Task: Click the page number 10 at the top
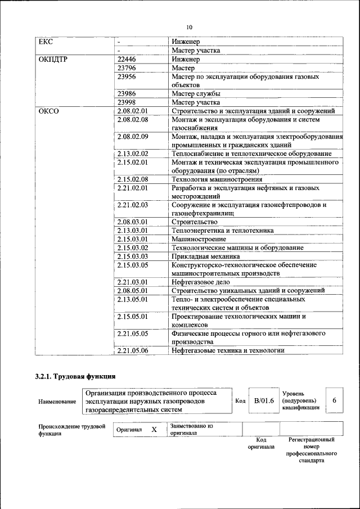[x=189, y=27]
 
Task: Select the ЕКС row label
[x=45, y=42]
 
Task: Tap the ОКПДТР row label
[x=53, y=59]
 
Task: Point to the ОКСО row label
[x=48, y=111]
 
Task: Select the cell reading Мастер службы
[x=196, y=94]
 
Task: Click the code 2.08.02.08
[x=133, y=120]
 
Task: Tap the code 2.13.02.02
[x=133, y=154]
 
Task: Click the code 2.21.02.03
[x=133, y=205]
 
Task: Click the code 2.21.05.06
[x=133, y=350]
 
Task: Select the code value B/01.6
[x=264, y=401]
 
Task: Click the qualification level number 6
[x=334, y=400]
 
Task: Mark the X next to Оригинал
[x=154, y=429]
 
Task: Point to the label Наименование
[x=57, y=402]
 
